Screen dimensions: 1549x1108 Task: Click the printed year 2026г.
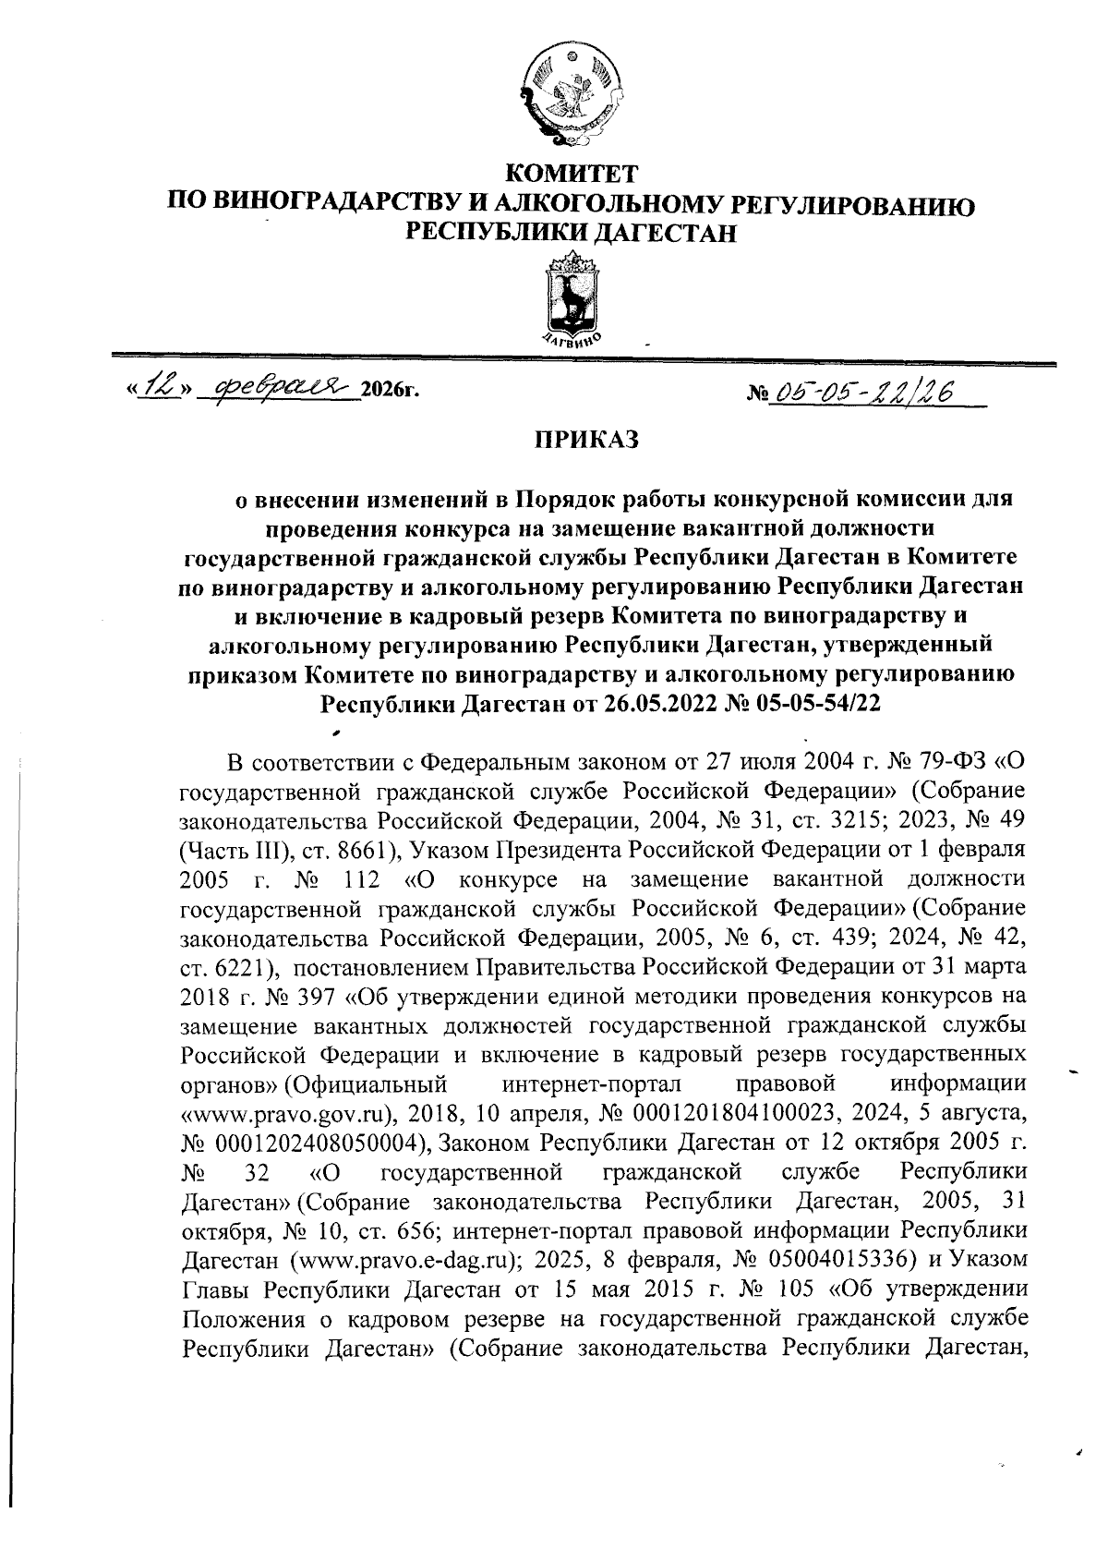point(390,393)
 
